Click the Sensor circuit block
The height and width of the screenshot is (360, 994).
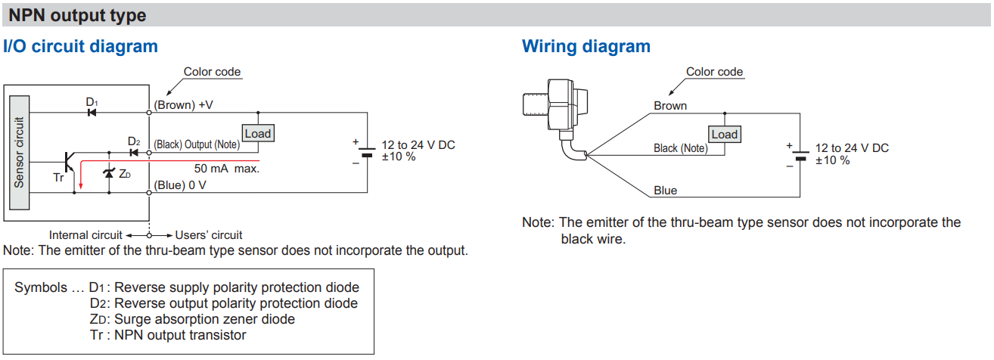(x=20, y=152)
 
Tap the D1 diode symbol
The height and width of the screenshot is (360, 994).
(x=92, y=113)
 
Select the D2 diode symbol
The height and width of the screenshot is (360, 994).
(x=134, y=153)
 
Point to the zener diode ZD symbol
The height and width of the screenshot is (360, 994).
(x=109, y=172)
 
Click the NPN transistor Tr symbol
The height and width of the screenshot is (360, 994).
(x=69, y=162)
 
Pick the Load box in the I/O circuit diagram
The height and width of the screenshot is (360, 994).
(x=258, y=133)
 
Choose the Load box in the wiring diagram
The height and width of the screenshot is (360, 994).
(x=725, y=134)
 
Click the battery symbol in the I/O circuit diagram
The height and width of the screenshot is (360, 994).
(x=367, y=152)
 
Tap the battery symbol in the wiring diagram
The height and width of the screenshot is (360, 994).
(x=800, y=155)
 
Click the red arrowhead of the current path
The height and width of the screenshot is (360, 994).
(x=81, y=185)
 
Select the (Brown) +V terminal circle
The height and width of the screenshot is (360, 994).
(x=149, y=113)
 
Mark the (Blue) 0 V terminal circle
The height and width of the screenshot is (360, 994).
(x=149, y=193)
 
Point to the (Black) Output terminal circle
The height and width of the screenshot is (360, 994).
(x=149, y=153)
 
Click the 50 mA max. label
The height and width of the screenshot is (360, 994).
(x=227, y=169)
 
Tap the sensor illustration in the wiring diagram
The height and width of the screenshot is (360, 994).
(x=555, y=119)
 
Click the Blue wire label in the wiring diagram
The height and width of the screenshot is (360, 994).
(x=665, y=191)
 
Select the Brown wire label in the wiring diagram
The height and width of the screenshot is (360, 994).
(x=670, y=106)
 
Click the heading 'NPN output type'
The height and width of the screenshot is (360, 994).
(x=77, y=16)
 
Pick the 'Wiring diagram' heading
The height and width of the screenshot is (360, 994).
(x=586, y=46)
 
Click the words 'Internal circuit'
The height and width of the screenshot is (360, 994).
(x=85, y=234)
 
